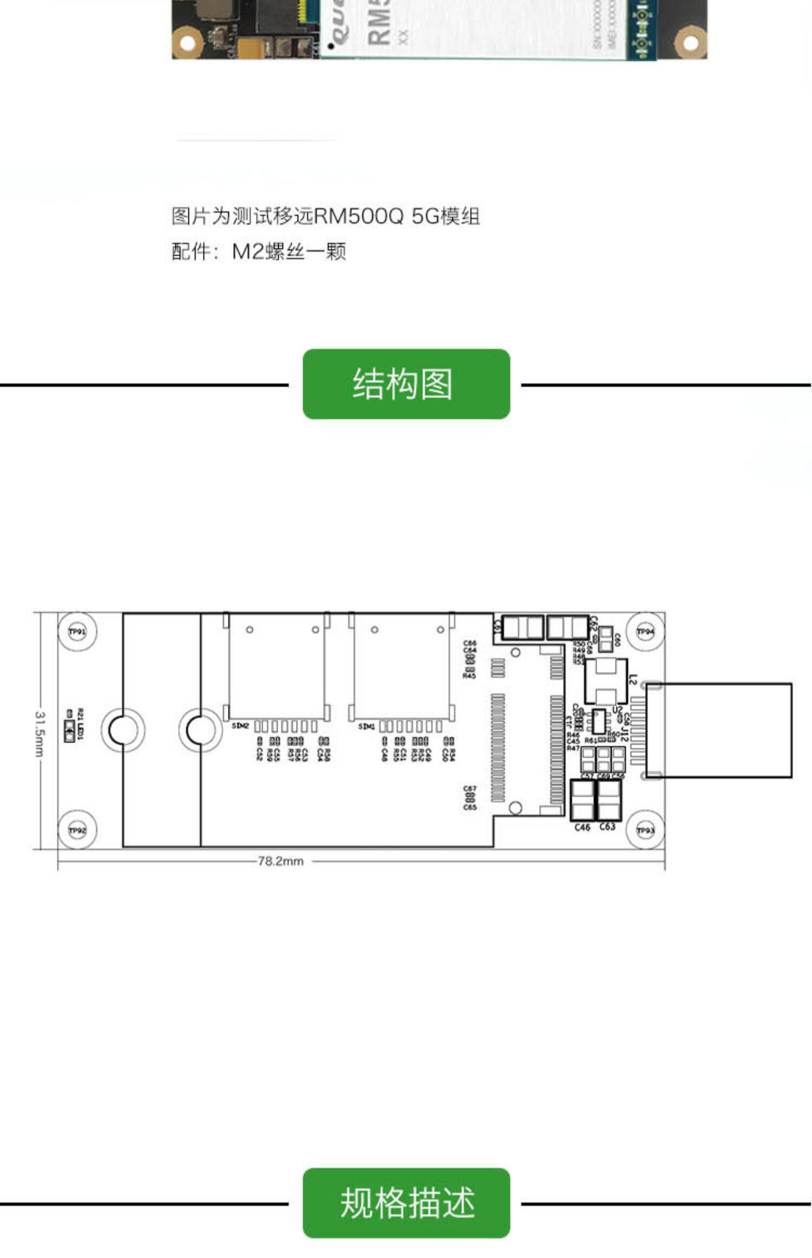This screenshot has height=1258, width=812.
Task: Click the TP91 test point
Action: point(77,632)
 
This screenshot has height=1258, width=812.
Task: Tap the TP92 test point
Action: point(77,830)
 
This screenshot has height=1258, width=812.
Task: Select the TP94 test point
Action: point(645,632)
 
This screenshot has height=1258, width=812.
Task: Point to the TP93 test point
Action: point(645,830)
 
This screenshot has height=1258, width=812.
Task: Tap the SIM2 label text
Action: point(240,725)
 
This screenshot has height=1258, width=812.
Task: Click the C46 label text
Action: point(582,827)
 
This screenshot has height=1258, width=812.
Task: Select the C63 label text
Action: point(607,827)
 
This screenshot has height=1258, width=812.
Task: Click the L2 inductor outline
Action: point(606,682)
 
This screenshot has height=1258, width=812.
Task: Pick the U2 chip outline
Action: point(598,721)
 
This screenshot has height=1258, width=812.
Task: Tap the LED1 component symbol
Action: point(69,731)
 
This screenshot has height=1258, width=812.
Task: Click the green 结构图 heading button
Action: point(406,384)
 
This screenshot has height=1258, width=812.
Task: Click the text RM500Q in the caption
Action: point(359,216)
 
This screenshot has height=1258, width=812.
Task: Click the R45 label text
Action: point(469,676)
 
